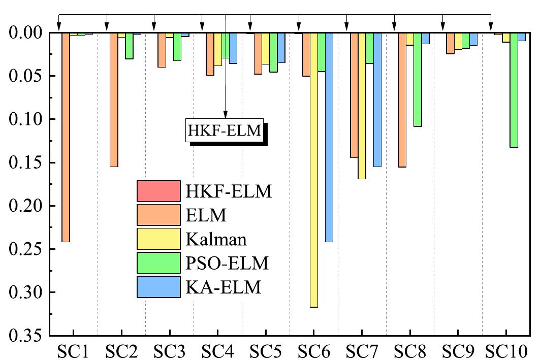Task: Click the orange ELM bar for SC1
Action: coord(66,137)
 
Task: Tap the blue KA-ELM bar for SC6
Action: coord(329,137)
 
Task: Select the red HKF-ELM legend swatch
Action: coord(158,191)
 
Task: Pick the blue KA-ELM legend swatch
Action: coord(158,287)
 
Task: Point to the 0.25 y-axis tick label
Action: coord(26,249)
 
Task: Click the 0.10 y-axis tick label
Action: coord(26,119)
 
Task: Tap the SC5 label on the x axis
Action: coord(265,350)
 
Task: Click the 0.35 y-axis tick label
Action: coord(26,336)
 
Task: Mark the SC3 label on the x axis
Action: coord(169,350)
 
